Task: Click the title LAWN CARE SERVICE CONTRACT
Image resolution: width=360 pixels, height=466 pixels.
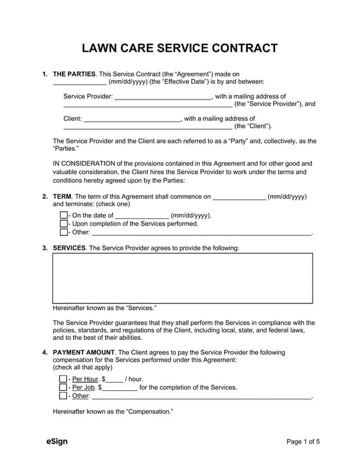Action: click(180, 49)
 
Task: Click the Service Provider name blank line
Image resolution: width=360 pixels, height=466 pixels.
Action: click(163, 96)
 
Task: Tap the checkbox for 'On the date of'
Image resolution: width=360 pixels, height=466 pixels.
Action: click(64, 215)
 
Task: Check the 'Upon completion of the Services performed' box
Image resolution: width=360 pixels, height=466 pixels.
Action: click(64, 224)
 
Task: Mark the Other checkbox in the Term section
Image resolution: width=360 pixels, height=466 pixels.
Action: click(64, 232)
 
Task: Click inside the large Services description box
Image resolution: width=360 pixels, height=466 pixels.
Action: click(183, 278)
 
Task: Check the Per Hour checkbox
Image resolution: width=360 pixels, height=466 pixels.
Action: click(64, 379)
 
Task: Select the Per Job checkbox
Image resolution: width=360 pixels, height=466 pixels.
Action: click(64, 388)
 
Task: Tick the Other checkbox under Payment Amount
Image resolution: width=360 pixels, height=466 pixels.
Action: click(64, 396)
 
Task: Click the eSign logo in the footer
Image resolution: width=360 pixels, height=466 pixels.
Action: click(56, 442)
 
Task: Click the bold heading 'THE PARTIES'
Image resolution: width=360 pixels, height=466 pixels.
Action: click(74, 74)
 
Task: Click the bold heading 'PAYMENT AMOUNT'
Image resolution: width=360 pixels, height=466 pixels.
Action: click(84, 353)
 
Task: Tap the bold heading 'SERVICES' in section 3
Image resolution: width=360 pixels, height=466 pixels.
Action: click(69, 248)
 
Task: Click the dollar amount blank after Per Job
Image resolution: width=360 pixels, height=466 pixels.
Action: click(120, 388)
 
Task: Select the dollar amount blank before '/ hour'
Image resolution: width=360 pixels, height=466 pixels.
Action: click(114, 379)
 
